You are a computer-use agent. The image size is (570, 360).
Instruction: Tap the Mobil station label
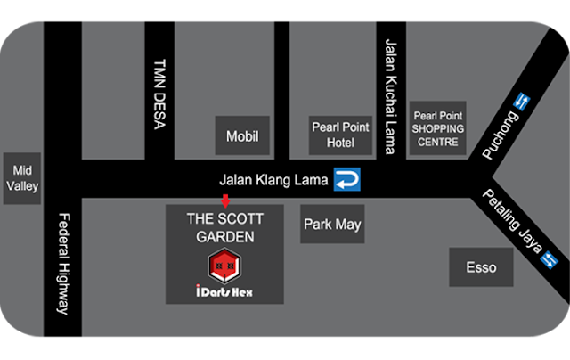point(242,136)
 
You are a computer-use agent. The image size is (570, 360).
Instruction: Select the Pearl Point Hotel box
point(334,135)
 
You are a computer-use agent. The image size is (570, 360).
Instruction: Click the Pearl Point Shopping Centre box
point(436,128)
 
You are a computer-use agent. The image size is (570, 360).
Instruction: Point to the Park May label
point(332,224)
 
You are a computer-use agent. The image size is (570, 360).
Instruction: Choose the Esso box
point(481,266)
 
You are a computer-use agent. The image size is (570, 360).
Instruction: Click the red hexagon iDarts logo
point(225,265)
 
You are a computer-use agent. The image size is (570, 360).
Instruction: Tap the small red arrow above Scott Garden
point(224,199)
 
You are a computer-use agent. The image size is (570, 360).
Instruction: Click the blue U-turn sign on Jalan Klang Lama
point(347,181)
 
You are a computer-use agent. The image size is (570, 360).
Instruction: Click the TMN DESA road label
point(159,97)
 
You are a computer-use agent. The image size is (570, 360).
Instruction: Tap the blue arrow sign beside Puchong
point(523,103)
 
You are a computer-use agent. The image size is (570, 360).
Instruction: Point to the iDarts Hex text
point(225,291)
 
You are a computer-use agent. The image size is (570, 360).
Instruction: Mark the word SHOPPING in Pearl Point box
point(437,128)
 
